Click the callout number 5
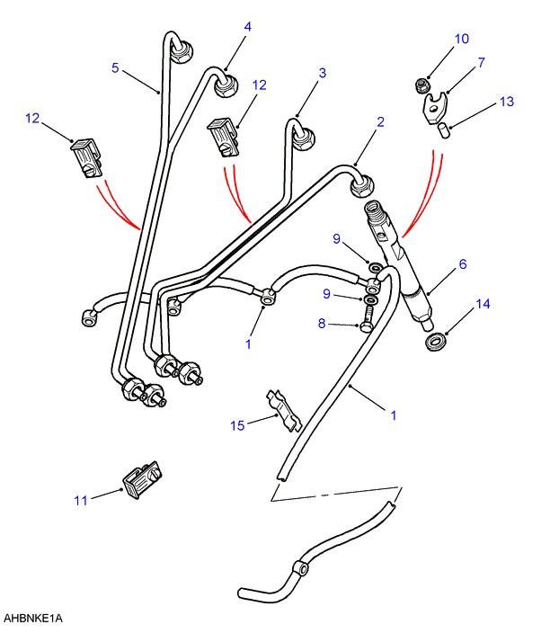point(115,67)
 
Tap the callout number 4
point(248,28)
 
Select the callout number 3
point(322,73)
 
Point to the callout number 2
point(380,121)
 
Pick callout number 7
point(481,63)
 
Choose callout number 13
point(507,102)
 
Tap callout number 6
point(463,264)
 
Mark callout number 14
point(483,305)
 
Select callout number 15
point(236,425)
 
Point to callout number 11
point(81,500)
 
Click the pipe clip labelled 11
point(142,479)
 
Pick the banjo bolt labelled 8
point(367,320)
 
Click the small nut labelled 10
point(420,85)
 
